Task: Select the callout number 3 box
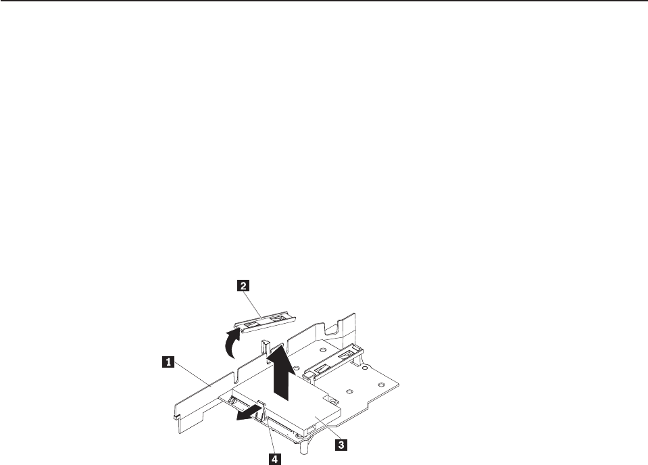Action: tap(343, 445)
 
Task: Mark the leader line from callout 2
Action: tap(253, 301)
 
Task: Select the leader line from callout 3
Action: tap(328, 432)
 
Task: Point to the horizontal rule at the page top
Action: tap(324, 1)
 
